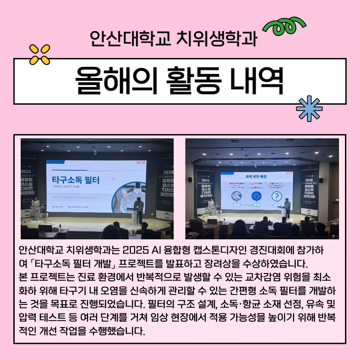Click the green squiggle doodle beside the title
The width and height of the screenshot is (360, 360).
coord(284,28)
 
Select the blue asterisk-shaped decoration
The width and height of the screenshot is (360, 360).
coord(309,109)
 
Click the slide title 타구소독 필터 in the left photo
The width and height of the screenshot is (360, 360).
coord(76,180)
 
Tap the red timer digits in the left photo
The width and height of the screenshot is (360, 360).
coord(141,162)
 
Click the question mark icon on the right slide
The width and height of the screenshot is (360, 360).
coord(276,196)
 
